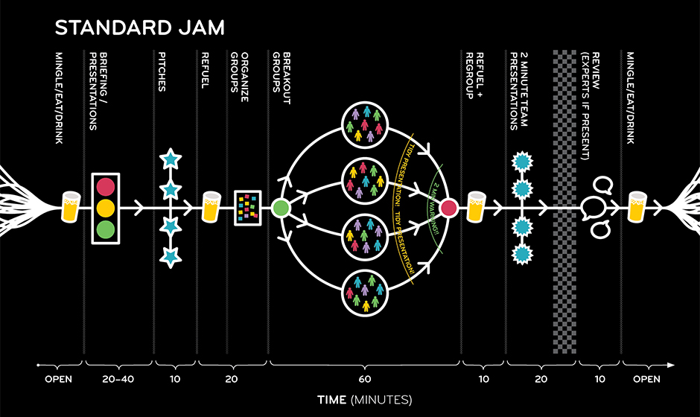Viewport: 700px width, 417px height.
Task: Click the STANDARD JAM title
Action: click(x=139, y=28)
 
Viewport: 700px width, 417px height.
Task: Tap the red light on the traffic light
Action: click(x=106, y=187)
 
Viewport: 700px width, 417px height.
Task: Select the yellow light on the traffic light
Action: click(x=106, y=208)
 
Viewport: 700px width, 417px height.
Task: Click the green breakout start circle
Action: click(x=281, y=208)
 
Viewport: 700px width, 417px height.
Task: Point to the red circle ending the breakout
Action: click(x=448, y=208)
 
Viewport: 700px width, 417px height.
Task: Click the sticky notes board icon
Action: click(x=248, y=208)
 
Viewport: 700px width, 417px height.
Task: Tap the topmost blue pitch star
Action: click(x=171, y=159)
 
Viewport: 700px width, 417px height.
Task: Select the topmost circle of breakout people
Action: click(x=365, y=124)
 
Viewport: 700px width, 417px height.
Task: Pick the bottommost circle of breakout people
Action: click(x=365, y=293)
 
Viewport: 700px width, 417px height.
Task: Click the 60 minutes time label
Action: click(x=364, y=379)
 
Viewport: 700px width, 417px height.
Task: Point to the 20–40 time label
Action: click(x=118, y=379)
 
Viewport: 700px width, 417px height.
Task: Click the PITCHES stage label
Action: click(x=162, y=72)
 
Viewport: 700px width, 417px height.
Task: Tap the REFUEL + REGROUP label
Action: click(x=474, y=75)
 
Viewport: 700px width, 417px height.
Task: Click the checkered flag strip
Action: click(x=564, y=202)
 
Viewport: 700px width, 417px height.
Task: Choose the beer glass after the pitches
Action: click(x=211, y=207)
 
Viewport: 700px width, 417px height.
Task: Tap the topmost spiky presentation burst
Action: click(x=522, y=162)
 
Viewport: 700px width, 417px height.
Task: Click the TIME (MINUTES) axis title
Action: click(x=364, y=400)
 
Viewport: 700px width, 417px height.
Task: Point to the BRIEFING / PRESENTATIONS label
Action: click(x=98, y=91)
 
